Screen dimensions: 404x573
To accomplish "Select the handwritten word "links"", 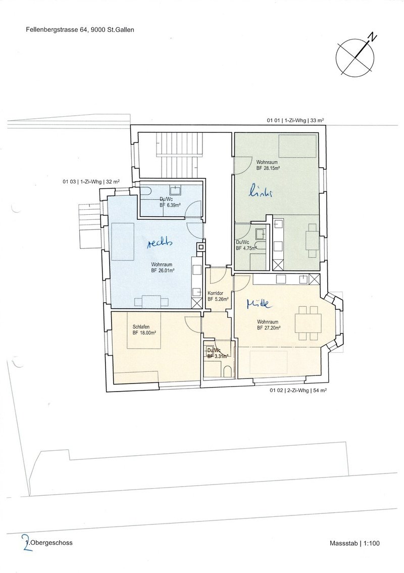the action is point(261,192).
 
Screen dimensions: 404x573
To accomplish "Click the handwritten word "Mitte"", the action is point(259,303).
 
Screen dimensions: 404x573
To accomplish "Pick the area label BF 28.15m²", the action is point(268,168).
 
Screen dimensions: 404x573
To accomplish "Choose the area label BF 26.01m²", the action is point(163,271).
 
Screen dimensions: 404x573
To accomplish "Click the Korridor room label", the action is point(215,294).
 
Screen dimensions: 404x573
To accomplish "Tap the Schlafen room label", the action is point(141,327).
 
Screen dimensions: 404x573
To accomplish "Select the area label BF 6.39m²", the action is point(171,205).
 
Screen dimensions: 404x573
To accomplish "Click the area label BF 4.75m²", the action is point(246,248).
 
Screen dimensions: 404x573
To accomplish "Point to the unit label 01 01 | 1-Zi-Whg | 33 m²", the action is point(295,120).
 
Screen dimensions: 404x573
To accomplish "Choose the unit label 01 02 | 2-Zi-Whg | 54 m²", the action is point(298,390).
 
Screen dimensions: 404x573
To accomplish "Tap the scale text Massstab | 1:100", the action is point(355,543).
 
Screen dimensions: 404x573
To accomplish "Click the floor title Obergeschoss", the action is point(52,543).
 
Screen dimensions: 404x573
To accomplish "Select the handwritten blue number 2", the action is point(26,542).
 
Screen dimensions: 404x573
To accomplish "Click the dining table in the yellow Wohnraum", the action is point(308,323).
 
